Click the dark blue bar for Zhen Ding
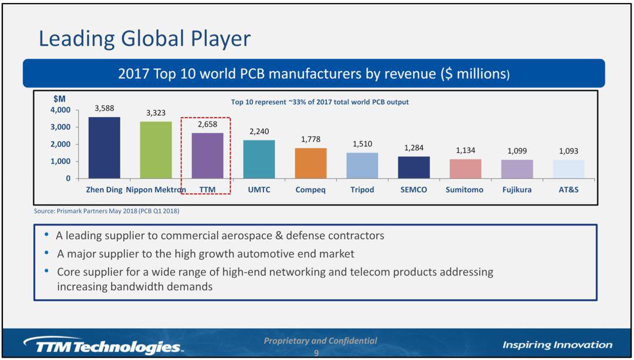click(104, 147)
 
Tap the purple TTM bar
click(207, 156)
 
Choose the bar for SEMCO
click(414, 167)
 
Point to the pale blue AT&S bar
click(568, 169)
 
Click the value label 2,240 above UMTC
click(259, 132)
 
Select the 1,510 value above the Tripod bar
click(362, 144)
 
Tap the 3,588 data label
click(104, 109)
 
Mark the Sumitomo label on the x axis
click(464, 190)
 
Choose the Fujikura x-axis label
click(517, 190)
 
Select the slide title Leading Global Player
click(144, 39)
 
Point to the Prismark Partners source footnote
click(106, 211)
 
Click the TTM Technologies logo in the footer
click(103, 346)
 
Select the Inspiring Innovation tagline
click(557, 345)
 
